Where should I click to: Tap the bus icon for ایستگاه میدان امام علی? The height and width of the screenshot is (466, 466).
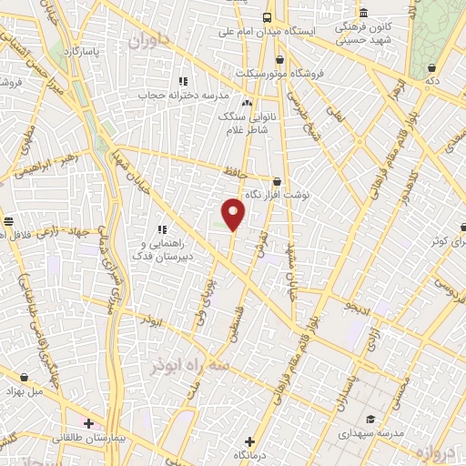point(268,17)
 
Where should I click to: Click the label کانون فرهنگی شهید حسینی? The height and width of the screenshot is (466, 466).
point(363,31)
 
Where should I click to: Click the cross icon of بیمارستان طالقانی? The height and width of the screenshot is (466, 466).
point(88,422)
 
